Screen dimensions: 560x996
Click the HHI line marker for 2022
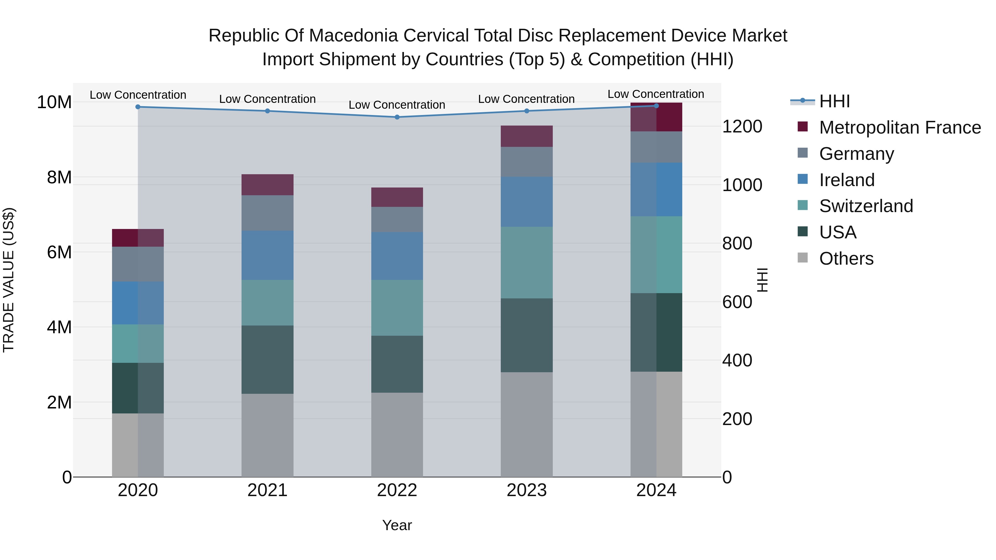pos(397,117)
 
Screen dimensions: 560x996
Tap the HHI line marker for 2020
pos(138,107)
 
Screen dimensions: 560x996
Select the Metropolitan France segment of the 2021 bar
pos(268,185)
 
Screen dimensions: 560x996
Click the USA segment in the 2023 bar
pos(526,335)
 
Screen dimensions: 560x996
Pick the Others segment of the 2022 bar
pos(397,435)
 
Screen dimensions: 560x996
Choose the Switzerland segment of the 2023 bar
pos(526,262)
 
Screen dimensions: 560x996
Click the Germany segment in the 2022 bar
pos(397,220)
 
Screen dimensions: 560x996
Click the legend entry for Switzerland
pos(866,206)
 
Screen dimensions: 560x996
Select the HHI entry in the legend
pos(834,101)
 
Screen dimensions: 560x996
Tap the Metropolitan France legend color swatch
pos(803,127)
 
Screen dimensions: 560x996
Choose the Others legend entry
pos(846,259)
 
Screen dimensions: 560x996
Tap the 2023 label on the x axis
pos(526,490)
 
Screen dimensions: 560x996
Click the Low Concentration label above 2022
pos(397,105)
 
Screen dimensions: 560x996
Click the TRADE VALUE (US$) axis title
pos(9,280)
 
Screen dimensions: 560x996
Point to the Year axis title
pos(397,525)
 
